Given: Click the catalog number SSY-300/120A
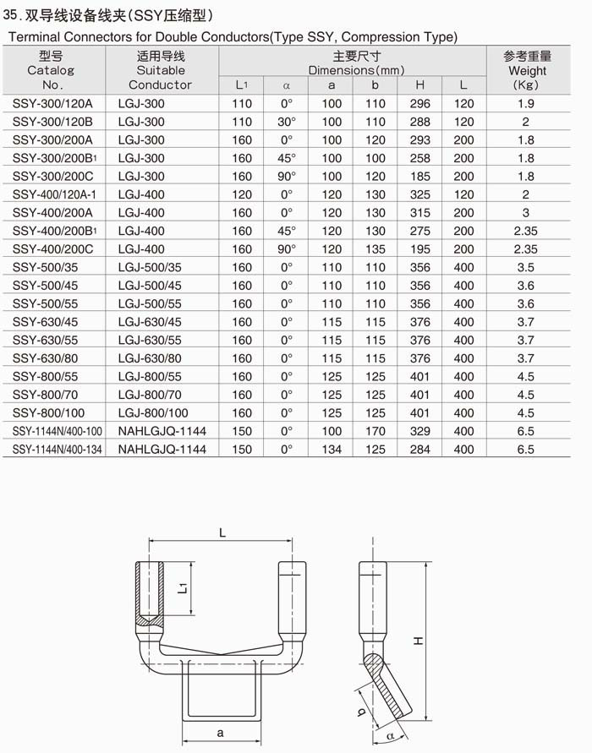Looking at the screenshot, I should click(x=52, y=104).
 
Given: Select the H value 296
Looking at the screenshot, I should click(x=419, y=104).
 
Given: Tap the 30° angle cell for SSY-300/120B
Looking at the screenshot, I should click(x=286, y=122).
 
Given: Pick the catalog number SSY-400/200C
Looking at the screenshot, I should click(x=52, y=249).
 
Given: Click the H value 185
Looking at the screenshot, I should click(x=419, y=177).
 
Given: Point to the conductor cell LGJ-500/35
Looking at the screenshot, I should click(x=150, y=268).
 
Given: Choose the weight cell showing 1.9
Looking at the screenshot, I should click(x=526, y=104).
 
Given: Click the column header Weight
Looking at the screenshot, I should click(x=527, y=71).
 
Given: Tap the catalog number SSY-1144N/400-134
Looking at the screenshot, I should click(x=58, y=450).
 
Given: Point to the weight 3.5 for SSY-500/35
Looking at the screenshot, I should click(x=526, y=268).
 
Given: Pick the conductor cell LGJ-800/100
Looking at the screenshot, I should click(x=153, y=413).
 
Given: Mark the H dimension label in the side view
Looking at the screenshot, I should click(x=418, y=641).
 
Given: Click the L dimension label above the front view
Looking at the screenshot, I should click(x=222, y=532).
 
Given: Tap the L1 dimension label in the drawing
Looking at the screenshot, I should click(x=184, y=587).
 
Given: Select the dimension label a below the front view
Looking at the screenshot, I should click(x=221, y=733).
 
